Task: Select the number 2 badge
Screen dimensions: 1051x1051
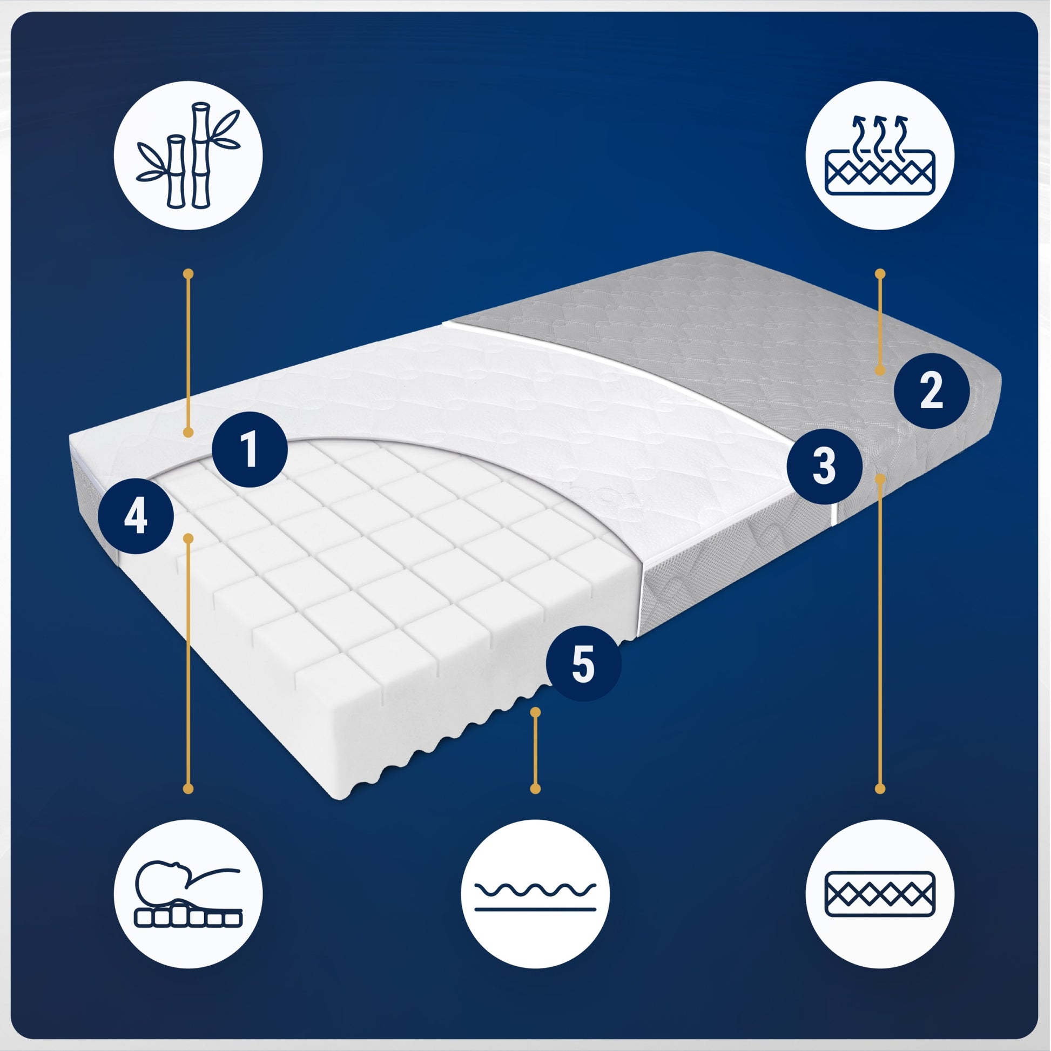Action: click(x=931, y=390)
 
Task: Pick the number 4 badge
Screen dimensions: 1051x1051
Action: click(x=136, y=517)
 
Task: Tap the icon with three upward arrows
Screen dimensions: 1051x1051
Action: click(x=880, y=156)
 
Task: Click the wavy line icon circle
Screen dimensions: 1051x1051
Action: click(x=535, y=894)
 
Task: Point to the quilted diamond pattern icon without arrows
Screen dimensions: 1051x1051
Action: click(x=880, y=894)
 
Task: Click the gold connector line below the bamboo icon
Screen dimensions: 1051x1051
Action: click(x=188, y=353)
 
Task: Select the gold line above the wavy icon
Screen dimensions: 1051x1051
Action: click(x=535, y=750)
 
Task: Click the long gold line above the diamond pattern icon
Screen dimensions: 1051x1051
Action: click(x=880, y=632)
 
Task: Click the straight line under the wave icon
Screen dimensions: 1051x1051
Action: click(x=535, y=909)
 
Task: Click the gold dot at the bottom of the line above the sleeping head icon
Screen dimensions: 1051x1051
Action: click(x=188, y=789)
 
